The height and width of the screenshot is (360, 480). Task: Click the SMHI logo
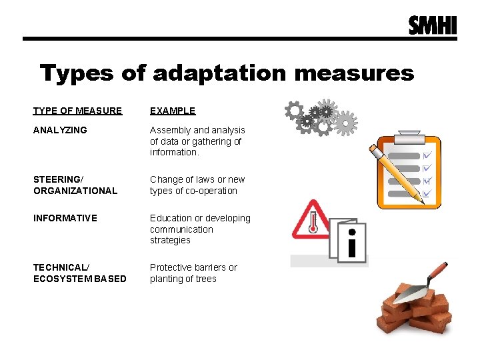click(x=433, y=25)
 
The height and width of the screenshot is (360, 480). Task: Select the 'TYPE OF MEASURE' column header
click(x=78, y=111)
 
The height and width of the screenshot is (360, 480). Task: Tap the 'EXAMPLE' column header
click(x=173, y=111)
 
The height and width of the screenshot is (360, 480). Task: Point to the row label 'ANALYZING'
click(x=60, y=130)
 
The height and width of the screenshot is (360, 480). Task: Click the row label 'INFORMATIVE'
click(x=65, y=218)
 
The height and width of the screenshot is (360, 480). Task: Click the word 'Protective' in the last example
click(x=173, y=267)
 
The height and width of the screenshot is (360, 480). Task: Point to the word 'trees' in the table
click(x=205, y=279)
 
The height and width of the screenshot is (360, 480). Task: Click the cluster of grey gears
click(x=319, y=117)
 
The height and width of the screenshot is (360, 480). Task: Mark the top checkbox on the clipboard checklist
click(x=427, y=155)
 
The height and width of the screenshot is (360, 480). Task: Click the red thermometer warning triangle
click(x=311, y=221)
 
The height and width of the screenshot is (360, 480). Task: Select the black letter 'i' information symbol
click(x=352, y=243)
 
